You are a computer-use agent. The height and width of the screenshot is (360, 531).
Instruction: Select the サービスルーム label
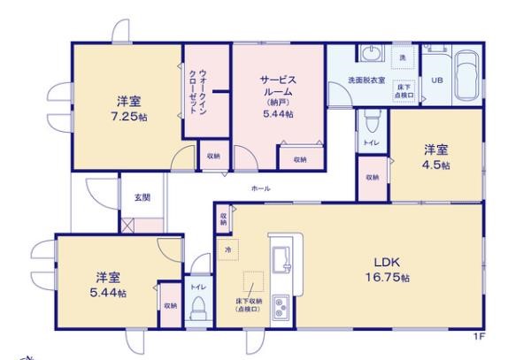click(x=278, y=86)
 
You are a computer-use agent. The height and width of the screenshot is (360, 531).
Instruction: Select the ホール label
click(x=260, y=189)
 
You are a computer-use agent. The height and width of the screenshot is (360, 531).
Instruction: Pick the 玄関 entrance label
click(x=142, y=197)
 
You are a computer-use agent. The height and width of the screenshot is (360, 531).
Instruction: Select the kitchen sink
click(x=286, y=259)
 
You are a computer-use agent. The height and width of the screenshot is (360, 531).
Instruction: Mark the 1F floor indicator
click(x=478, y=337)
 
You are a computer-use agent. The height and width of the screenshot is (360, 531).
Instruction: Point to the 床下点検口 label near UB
click(x=404, y=90)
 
